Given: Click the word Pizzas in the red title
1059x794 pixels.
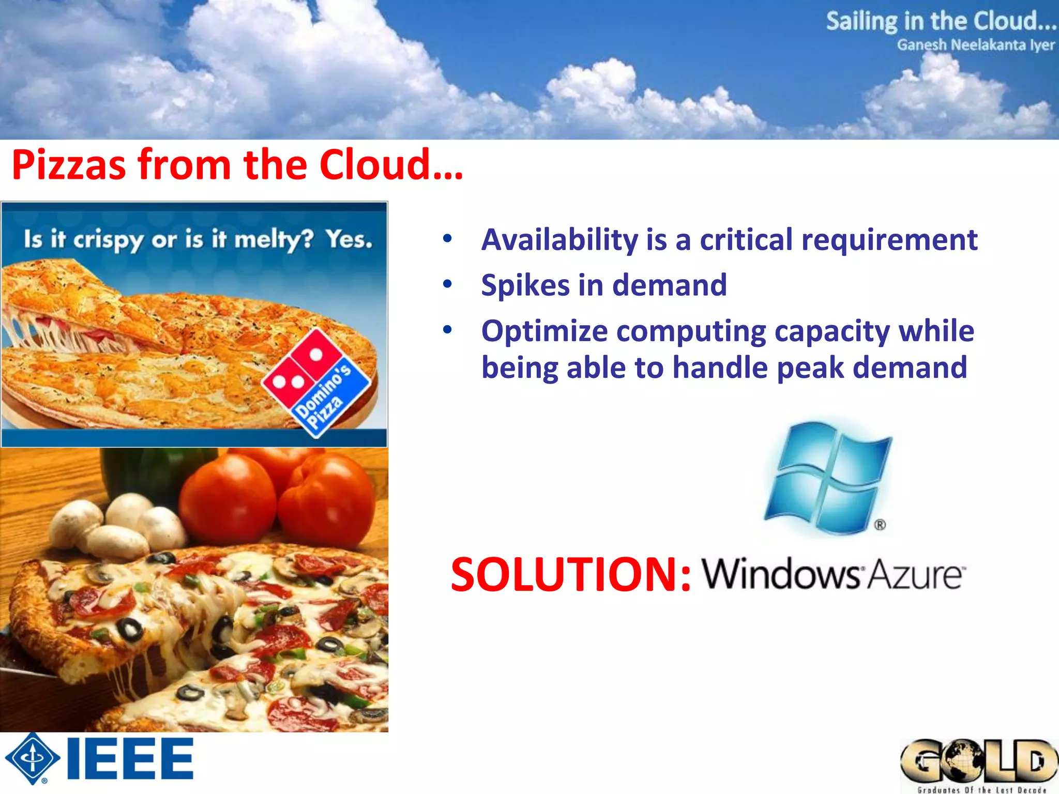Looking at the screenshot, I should (69, 165).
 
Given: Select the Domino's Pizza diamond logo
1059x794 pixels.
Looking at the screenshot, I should (316, 383).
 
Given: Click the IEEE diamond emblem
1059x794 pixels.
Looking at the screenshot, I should (33, 759).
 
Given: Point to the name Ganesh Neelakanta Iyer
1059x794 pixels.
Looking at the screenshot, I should (976, 45).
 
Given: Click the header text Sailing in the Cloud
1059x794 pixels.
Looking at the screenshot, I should (941, 21).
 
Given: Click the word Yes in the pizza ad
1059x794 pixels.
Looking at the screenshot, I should (349, 239).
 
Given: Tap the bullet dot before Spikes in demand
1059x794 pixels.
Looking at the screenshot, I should (447, 284).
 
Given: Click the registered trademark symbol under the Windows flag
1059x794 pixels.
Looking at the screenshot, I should (880, 525).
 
